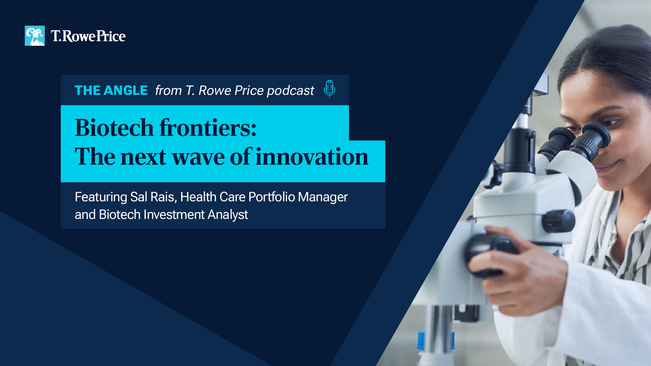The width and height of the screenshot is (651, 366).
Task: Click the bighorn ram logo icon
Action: (35, 36)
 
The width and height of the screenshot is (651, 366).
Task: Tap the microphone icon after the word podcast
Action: (329, 89)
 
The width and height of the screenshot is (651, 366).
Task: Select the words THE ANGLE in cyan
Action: (111, 90)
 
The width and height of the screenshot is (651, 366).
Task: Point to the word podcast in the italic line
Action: (290, 91)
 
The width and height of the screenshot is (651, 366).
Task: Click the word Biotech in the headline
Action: (114, 128)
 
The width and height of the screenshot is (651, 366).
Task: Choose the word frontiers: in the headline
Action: (208, 128)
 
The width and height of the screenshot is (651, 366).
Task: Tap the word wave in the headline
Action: (198, 157)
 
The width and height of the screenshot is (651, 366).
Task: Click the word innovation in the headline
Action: (312, 157)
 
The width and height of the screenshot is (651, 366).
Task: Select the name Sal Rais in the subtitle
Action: (152, 197)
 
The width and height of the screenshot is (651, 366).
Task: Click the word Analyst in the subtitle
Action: (228, 215)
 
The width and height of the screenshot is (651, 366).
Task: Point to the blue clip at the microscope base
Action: (420, 340)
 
